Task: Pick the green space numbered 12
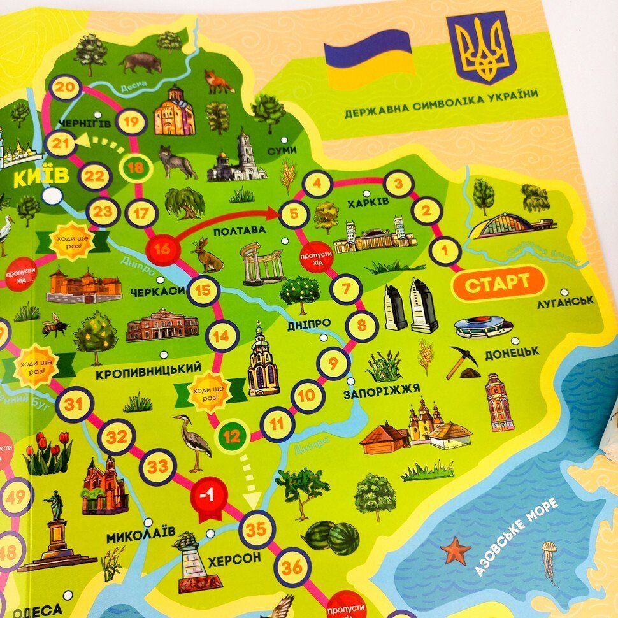[233, 436]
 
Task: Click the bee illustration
[55, 326]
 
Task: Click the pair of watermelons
[330, 536]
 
